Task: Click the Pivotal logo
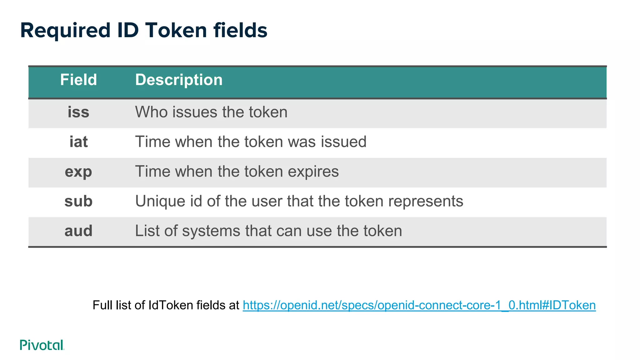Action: pos(42,345)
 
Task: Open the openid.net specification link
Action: pos(419,305)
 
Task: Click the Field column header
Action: pos(78,80)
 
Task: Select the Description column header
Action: pos(179,80)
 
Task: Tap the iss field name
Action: pos(78,112)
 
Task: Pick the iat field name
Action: pos(78,142)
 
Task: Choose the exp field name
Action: pos(78,172)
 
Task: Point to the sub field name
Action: pos(78,201)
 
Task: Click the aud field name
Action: pos(78,231)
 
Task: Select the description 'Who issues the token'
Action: pos(211,112)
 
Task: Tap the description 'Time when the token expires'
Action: pos(237,172)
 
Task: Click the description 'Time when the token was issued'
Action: pos(251,142)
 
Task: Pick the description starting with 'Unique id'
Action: pos(299,201)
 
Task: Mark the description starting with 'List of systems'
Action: pos(268,231)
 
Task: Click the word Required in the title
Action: pos(65,31)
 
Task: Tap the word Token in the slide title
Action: pos(176,31)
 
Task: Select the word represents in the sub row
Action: pos(426,201)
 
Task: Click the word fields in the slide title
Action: pos(240,31)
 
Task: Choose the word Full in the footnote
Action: pos(102,305)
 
